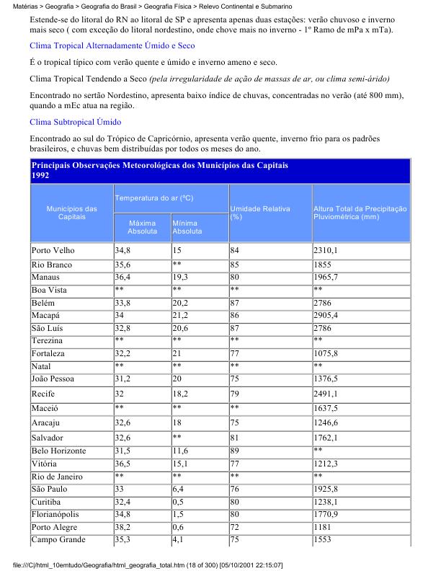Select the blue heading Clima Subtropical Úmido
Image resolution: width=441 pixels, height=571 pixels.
pyautogui.click(x=75, y=122)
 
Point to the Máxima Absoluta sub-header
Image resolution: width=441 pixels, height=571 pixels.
pyautogui.click(x=142, y=227)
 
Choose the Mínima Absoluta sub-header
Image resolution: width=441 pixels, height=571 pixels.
pyautogui.click(x=187, y=227)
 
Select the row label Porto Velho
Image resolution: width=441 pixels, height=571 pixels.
pyautogui.click(x=54, y=250)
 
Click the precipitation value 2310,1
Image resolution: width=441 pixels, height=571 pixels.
pyautogui.click(x=326, y=250)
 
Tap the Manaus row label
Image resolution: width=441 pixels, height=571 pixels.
pyautogui.click(x=48, y=277)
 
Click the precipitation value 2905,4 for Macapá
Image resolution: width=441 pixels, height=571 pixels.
pyautogui.click(x=326, y=315)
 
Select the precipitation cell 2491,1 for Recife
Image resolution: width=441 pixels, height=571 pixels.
pyautogui.click(x=326, y=394)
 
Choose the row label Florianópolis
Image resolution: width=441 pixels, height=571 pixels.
pyautogui.click(x=59, y=514)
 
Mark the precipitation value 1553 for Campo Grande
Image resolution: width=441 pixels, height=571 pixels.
pyautogui.click(x=321, y=540)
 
